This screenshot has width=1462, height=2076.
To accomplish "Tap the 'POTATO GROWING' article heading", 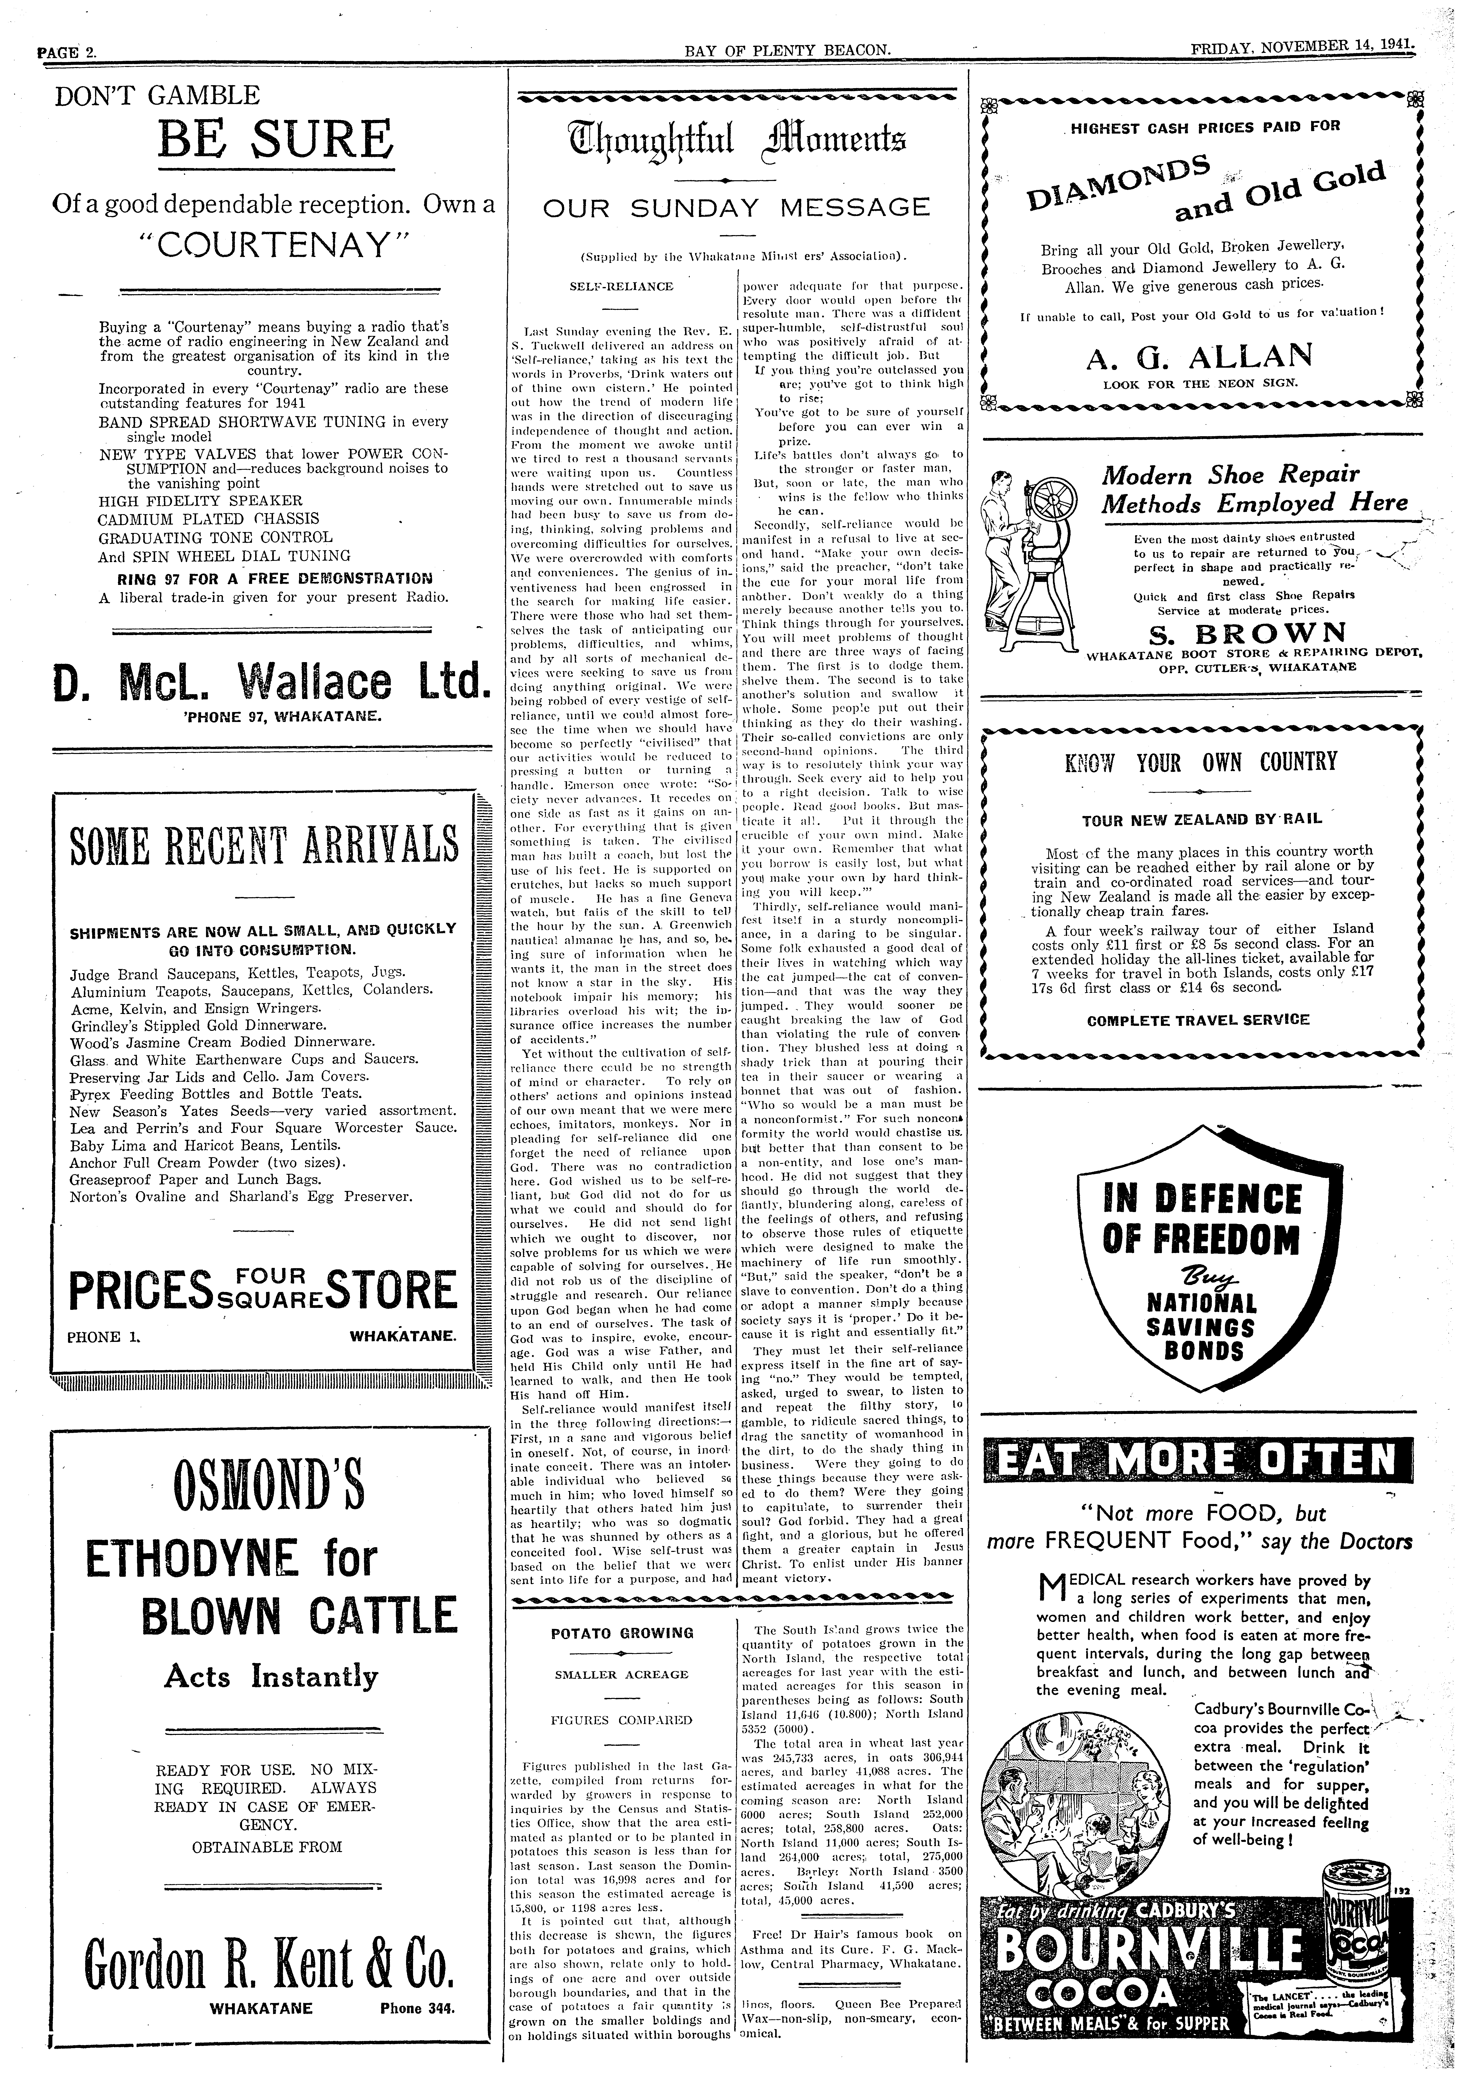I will (x=622, y=1633).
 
